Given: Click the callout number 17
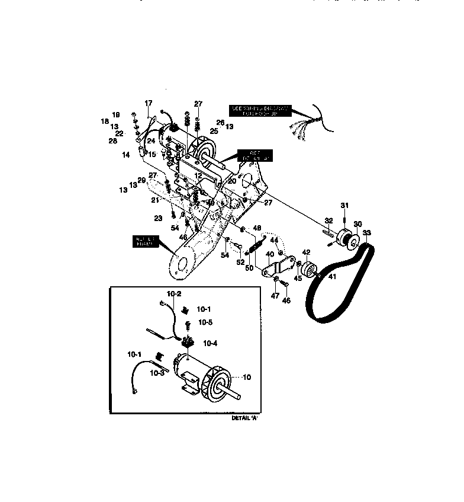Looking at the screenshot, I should tap(149, 103).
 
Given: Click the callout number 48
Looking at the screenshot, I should tap(256, 228).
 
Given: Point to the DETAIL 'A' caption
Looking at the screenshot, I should tap(244, 418).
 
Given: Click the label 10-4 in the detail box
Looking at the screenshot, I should tap(210, 343).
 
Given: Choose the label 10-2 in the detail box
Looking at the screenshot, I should tap(173, 293).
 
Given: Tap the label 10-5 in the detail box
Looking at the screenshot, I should tap(205, 322).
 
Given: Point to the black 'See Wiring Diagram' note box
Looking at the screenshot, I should tap(260, 110).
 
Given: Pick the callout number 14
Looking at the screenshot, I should tap(126, 155).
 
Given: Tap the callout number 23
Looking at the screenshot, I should tap(159, 218).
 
